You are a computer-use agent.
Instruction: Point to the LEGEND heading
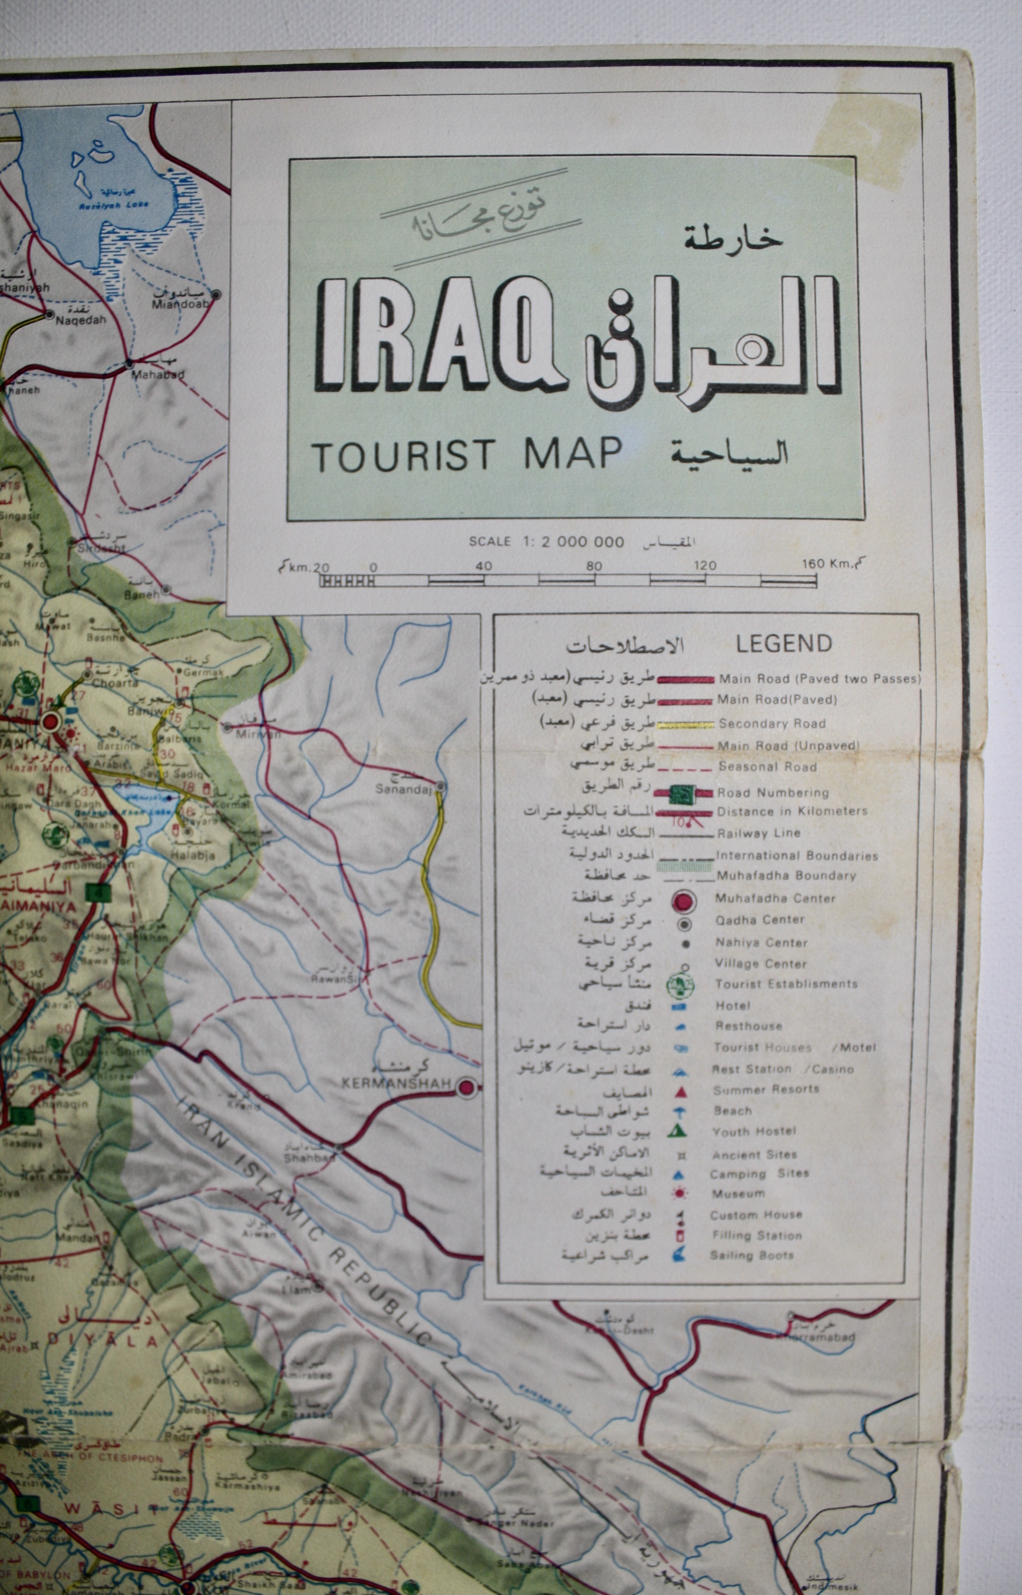point(783,643)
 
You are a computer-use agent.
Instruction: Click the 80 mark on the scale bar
point(594,566)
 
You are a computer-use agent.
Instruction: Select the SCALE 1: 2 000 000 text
point(546,541)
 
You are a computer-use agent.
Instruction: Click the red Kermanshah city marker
point(467,1087)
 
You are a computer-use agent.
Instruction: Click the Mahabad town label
point(157,374)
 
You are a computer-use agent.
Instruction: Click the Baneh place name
point(141,595)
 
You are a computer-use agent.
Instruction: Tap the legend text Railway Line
point(759,833)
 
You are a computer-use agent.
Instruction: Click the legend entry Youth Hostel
point(754,1132)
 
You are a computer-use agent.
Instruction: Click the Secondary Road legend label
point(772,724)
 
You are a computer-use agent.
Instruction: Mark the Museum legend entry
point(738,1194)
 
